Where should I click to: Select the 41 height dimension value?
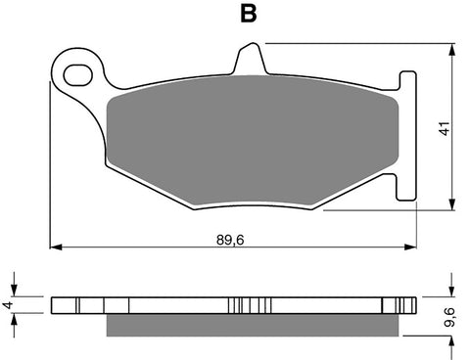pyautogui.click(x=444, y=127)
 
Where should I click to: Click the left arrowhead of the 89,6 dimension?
pyautogui.click(x=55, y=245)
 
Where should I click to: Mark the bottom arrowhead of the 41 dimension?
pyautogui.click(x=451, y=204)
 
